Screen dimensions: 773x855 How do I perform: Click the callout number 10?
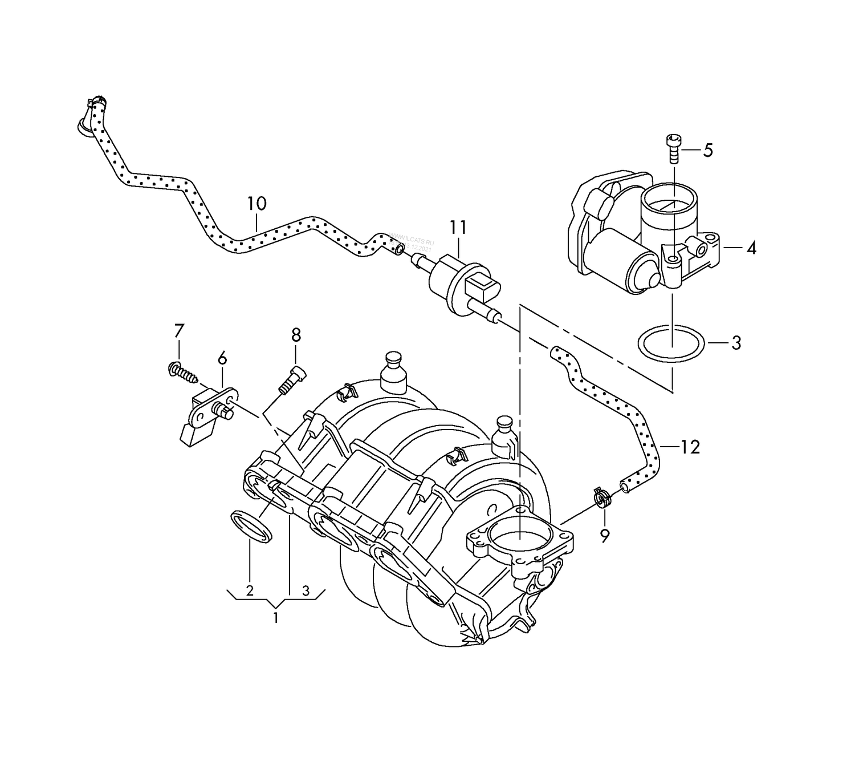click(256, 204)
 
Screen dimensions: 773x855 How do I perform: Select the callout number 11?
click(458, 227)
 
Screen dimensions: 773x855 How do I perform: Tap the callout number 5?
click(707, 151)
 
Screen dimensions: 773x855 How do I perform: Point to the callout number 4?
click(751, 248)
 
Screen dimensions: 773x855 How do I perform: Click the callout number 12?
click(690, 447)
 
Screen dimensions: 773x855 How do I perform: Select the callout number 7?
click(179, 331)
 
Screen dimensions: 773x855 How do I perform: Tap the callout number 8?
click(296, 335)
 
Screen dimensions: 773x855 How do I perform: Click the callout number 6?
click(222, 358)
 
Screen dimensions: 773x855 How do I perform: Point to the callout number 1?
click(276, 617)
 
